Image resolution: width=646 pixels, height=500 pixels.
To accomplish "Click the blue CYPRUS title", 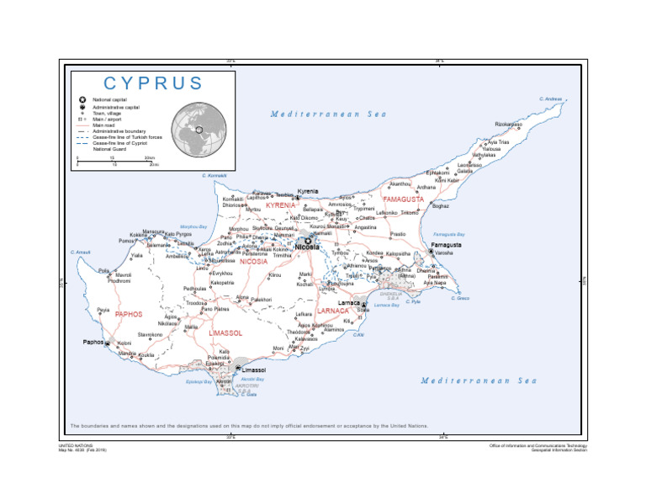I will tap(153, 83).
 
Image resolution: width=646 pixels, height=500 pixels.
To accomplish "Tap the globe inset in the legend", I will tap(199, 130).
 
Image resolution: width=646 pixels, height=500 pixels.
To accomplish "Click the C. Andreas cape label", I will tap(551, 99).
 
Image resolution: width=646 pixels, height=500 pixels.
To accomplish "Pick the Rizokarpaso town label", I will tap(509, 125).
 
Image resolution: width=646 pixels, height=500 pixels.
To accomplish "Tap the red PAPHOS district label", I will tap(129, 314).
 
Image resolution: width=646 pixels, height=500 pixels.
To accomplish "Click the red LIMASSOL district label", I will tap(225, 333).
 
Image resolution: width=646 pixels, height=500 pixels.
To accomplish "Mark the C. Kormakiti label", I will tap(215, 175).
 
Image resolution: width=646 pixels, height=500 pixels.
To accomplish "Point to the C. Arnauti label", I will tap(81, 253).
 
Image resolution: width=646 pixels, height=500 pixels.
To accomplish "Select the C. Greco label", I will tap(459, 298).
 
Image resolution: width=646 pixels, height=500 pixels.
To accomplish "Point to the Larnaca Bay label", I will tap(387, 305).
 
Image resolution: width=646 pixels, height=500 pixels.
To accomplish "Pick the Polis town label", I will tap(103, 271).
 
